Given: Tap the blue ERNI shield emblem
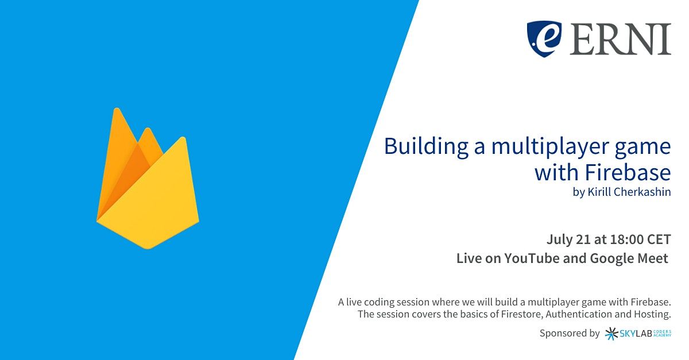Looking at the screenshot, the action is click(x=544, y=39).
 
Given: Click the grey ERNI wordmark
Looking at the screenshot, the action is click(x=620, y=39).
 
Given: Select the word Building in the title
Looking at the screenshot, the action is click(x=426, y=147).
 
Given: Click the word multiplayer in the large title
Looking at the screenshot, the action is click(x=549, y=148).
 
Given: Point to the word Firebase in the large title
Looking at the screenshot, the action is click(x=628, y=172).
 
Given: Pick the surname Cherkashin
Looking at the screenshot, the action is click(x=644, y=192).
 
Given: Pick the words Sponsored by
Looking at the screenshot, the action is click(x=570, y=334).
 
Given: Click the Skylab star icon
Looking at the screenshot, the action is click(x=611, y=334).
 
